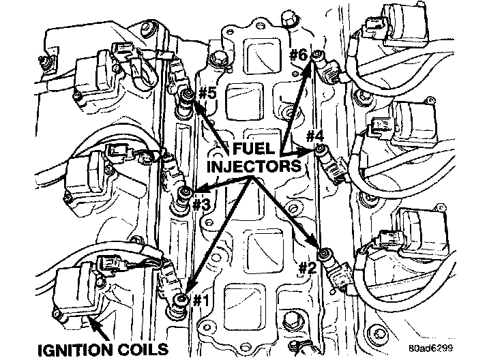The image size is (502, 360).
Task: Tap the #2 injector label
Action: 308,267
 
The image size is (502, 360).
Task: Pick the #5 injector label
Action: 207,93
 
